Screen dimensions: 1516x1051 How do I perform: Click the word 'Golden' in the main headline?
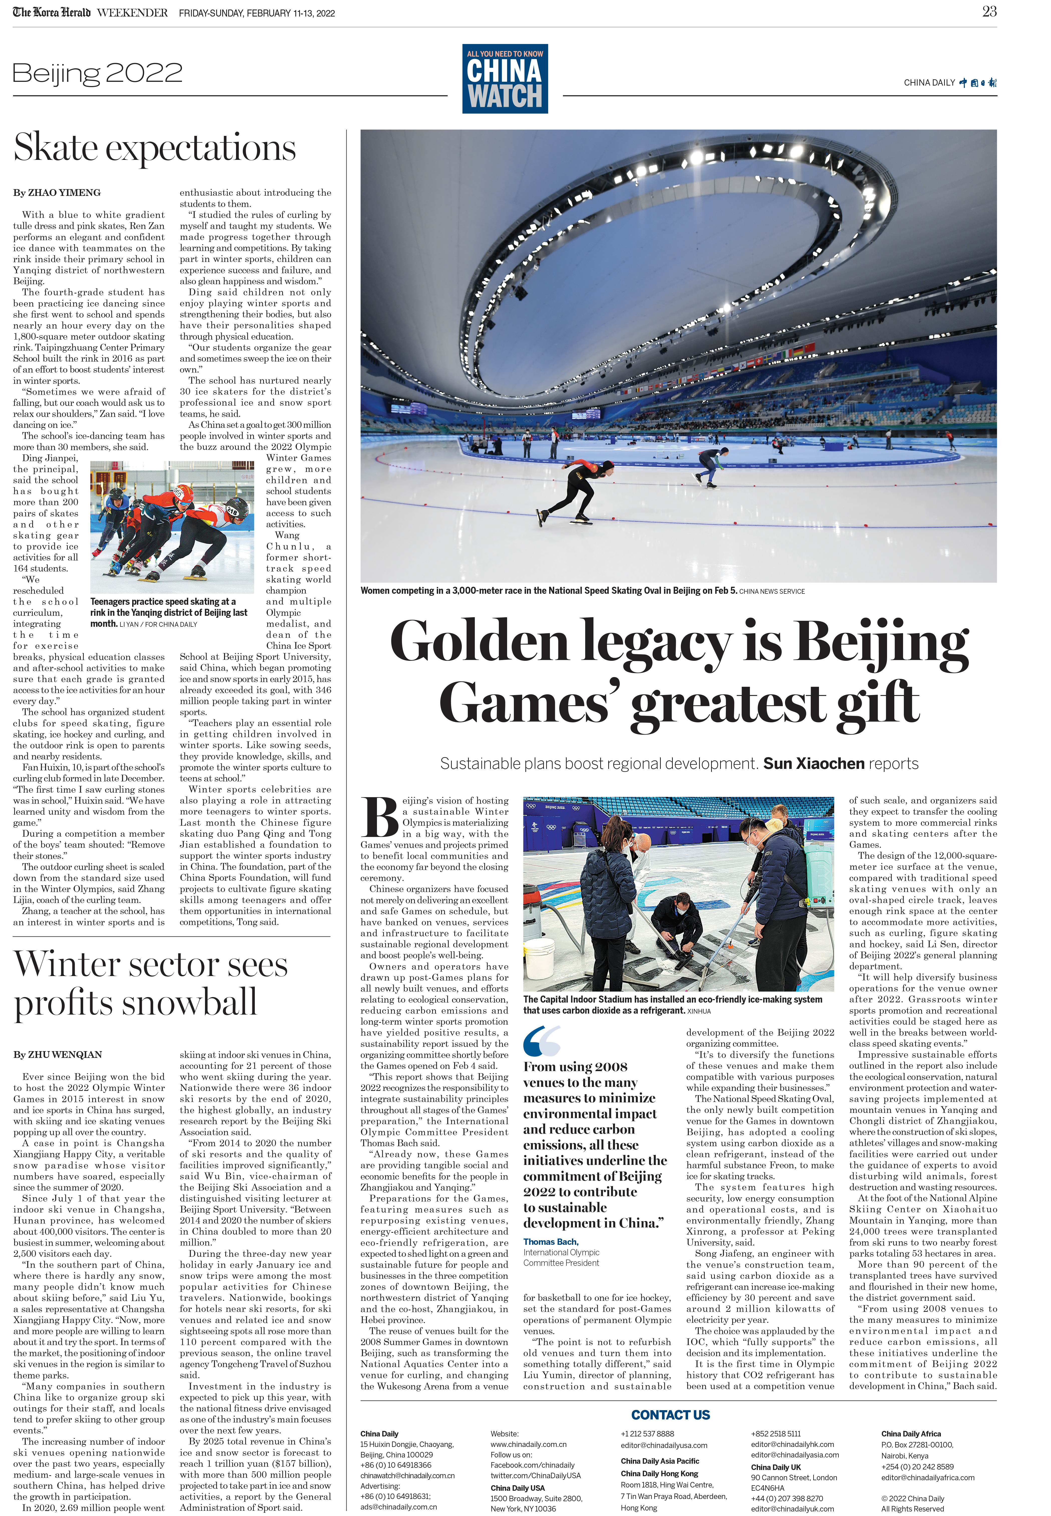479,642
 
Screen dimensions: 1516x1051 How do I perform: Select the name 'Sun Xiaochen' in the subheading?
813,764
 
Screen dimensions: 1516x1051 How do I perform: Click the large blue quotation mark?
541,1041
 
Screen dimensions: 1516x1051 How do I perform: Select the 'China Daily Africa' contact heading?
911,1434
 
